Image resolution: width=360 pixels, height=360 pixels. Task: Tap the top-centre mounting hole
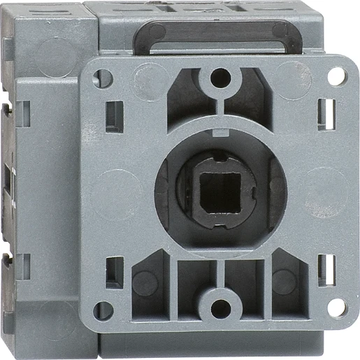(x=221, y=77)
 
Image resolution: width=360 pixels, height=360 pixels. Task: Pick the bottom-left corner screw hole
(x=103, y=308)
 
